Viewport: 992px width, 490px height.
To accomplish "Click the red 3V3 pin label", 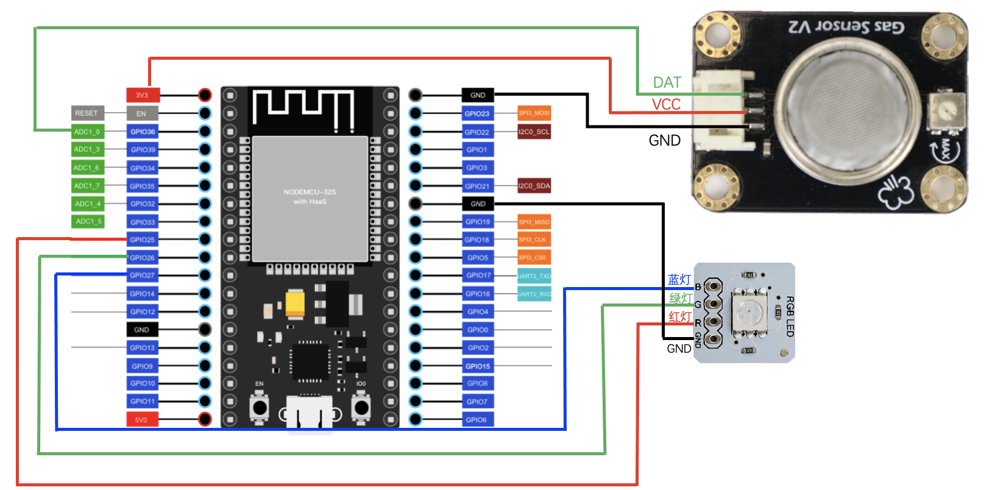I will (x=143, y=95).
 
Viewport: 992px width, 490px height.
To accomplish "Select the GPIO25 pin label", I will (x=143, y=240).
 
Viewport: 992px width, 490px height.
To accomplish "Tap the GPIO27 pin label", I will (x=143, y=275).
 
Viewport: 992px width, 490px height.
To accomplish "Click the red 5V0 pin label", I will (x=142, y=419).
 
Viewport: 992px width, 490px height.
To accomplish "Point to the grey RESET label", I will (x=87, y=113).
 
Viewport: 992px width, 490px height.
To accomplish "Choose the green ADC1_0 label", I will (x=87, y=132).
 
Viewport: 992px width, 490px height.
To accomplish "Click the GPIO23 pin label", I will (x=477, y=113).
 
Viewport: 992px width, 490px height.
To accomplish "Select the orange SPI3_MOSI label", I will (x=534, y=113).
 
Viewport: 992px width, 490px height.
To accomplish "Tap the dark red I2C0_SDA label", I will (x=534, y=186).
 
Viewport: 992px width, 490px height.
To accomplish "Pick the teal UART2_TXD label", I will (x=534, y=276).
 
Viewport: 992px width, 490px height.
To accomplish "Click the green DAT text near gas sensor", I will (x=667, y=83).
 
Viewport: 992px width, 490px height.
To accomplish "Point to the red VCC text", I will (x=666, y=105).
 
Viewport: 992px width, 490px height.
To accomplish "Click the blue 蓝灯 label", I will (x=679, y=280).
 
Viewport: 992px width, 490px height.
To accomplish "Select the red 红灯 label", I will (x=680, y=317).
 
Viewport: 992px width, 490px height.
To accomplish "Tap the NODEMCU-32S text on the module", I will (x=310, y=192).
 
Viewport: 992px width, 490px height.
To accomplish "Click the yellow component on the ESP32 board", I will (x=295, y=303).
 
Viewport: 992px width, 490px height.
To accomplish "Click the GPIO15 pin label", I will (x=477, y=366).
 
